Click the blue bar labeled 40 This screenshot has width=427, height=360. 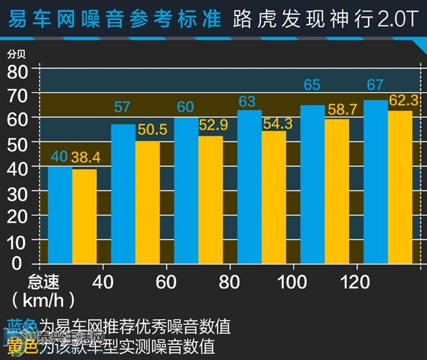[60, 214]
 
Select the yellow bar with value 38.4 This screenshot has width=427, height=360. [84, 216]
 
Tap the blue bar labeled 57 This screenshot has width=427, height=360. [123, 194]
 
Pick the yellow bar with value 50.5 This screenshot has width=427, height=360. [148, 202]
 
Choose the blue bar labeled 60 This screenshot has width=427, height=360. [186, 191]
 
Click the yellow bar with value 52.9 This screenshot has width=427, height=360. [211, 199]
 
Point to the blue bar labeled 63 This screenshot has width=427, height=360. [249, 186]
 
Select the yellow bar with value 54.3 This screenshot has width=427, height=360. [274, 197]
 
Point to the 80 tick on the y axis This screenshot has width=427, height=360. [20, 70]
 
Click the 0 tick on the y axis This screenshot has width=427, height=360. [26, 263]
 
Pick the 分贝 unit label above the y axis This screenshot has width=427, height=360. [16, 53]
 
